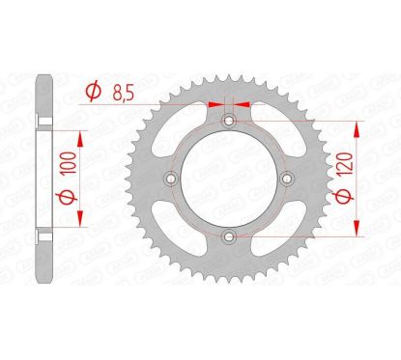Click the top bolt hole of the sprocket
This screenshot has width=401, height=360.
(228, 122)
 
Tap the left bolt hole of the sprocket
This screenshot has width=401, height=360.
(171, 179)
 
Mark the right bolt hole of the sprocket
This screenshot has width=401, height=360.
(285, 179)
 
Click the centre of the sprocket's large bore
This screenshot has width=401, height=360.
(228, 179)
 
